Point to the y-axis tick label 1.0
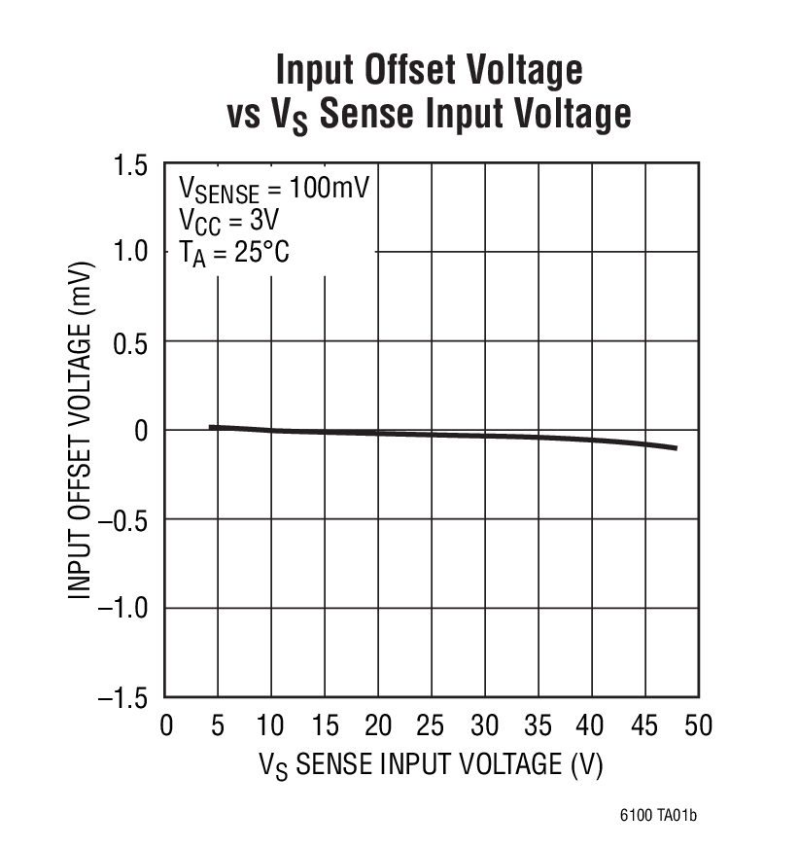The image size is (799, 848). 129,253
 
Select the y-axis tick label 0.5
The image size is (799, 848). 129,341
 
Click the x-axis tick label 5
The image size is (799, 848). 218,726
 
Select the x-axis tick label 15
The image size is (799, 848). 325,726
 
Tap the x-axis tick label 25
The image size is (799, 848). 432,726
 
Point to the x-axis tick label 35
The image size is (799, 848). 538,726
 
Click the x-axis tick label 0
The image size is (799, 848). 165,726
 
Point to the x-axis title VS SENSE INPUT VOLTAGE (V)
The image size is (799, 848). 431,764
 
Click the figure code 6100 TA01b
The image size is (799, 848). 657,815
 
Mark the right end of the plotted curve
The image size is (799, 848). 675,448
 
